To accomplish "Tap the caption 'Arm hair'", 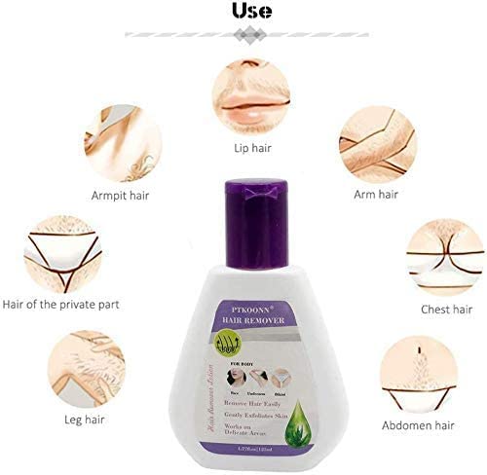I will pos(376,196).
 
